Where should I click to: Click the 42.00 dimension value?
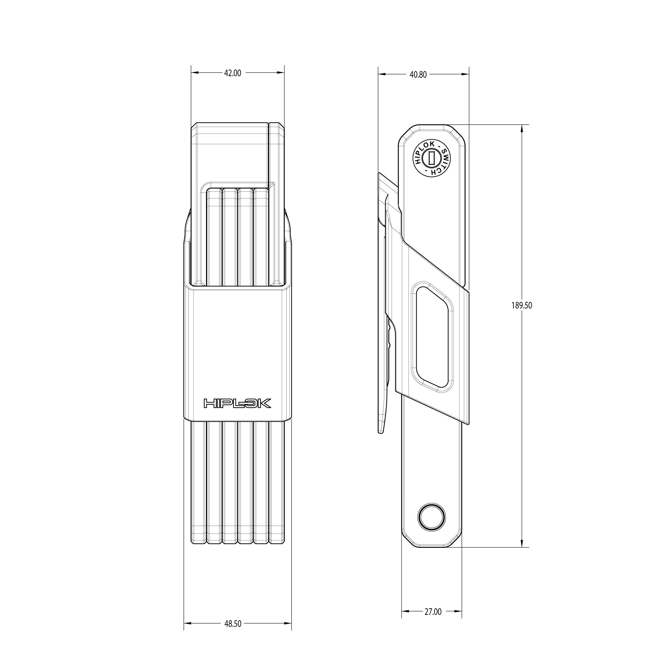click(x=233, y=73)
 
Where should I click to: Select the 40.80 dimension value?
click(x=419, y=74)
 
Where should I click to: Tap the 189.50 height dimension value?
click(x=522, y=305)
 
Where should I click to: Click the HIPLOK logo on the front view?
click(x=237, y=403)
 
